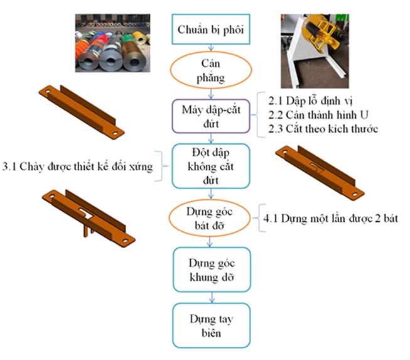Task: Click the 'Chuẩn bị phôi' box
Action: coord(210,29)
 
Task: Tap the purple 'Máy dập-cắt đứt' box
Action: coord(210,116)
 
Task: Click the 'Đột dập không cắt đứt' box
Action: coord(210,166)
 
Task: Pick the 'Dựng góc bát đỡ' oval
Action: coord(210,217)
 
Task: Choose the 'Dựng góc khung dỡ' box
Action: coord(210,269)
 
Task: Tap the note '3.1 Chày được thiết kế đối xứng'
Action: coord(78,167)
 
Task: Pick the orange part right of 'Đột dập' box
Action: coord(320,170)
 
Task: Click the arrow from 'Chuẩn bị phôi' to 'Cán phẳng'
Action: coord(210,50)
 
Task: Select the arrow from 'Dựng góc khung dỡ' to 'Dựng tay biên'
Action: coord(210,297)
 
